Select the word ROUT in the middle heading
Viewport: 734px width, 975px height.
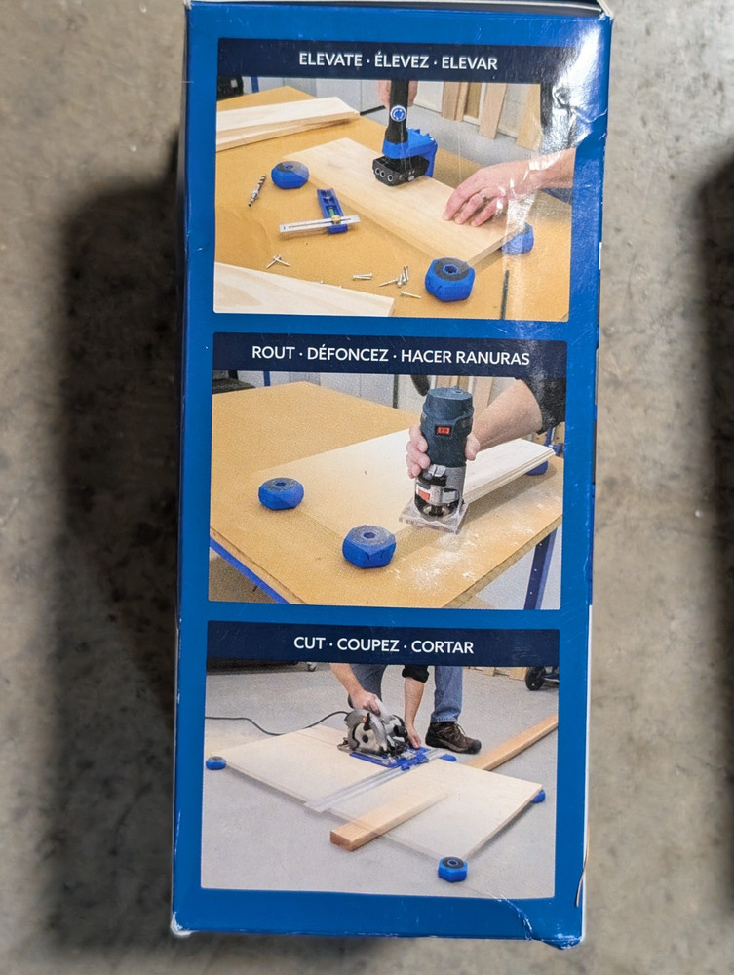(273, 353)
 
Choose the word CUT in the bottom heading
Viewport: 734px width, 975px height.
(310, 644)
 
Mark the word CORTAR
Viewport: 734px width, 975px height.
(443, 646)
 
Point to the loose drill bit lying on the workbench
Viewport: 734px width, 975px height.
(256, 189)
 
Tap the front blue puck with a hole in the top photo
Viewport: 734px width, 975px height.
(449, 279)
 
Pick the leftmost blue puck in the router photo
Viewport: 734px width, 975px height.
(281, 492)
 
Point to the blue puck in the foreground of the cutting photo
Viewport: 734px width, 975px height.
(451, 869)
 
